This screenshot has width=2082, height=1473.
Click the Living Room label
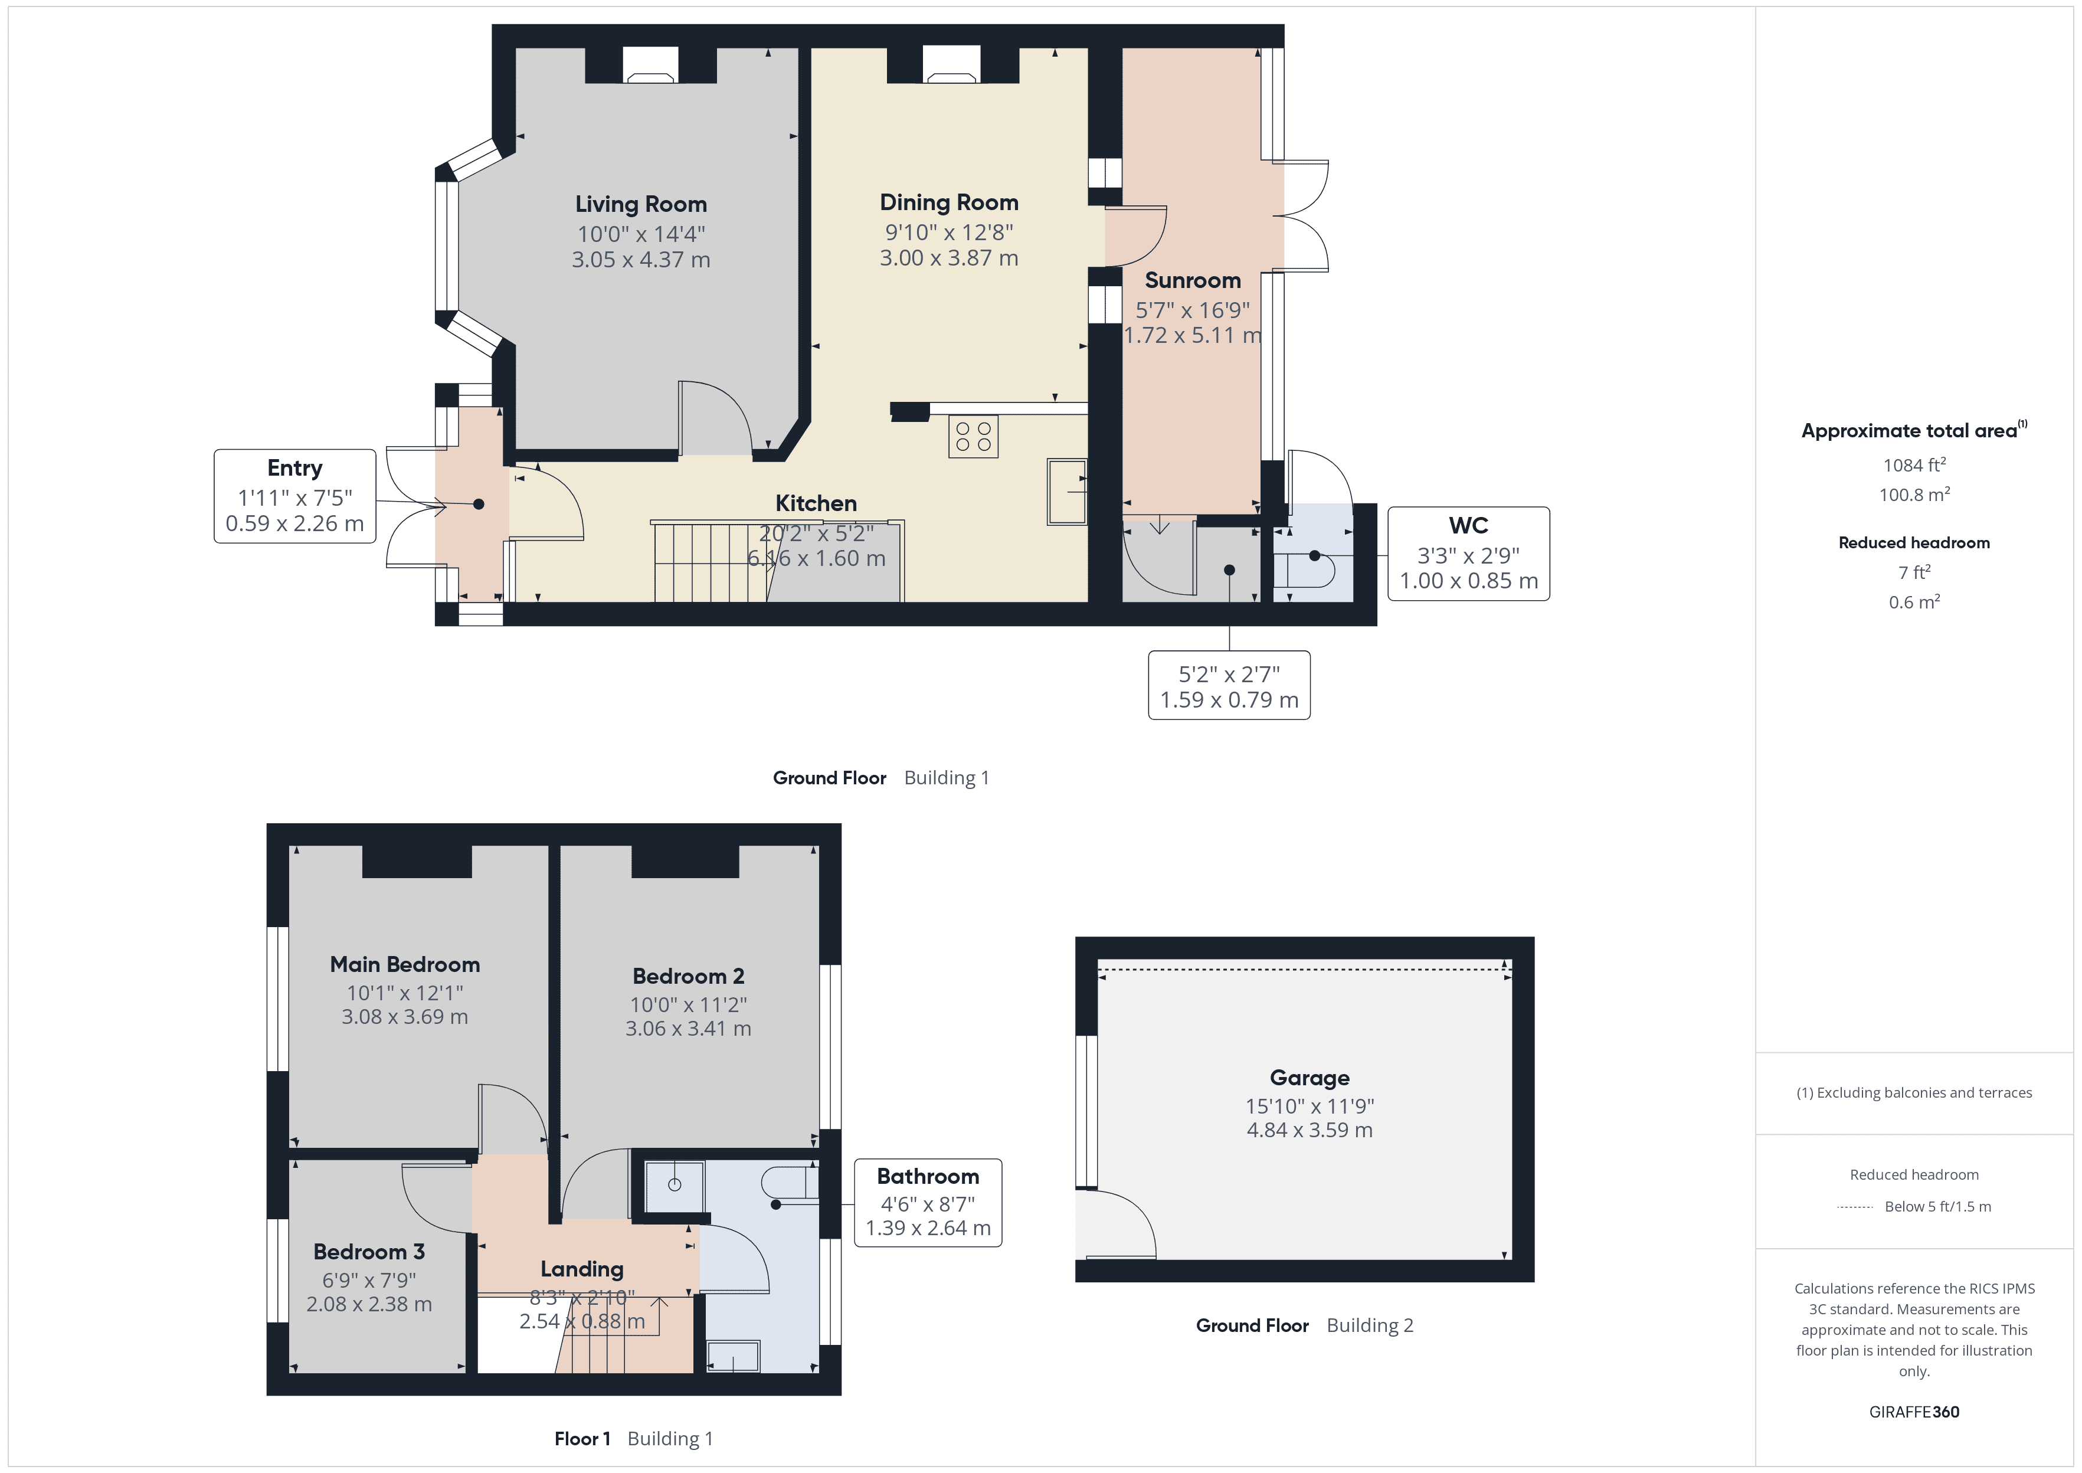pos(640,204)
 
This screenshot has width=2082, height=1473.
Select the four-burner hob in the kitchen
pos(973,436)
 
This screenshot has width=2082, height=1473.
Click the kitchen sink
pos(1068,492)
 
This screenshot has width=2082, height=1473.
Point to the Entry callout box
pos(294,496)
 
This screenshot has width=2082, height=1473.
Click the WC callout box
pos(1468,554)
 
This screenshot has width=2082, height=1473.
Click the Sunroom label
pos(1193,280)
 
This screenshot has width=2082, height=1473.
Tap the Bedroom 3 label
pos(369,1252)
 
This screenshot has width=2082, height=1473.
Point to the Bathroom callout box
pos(928,1203)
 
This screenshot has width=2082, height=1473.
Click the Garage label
pos(1310,1078)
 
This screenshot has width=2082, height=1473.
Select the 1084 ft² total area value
pos(1914,464)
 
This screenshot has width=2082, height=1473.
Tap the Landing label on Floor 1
pos(582,1269)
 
